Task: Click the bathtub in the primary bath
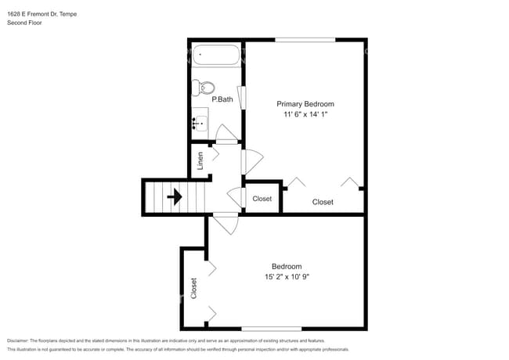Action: (x=217, y=56)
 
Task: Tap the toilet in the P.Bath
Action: (x=206, y=88)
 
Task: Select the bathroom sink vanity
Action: (x=200, y=121)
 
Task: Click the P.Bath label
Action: (x=222, y=99)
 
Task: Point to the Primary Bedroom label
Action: (x=305, y=104)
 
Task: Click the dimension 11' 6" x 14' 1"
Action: (x=305, y=115)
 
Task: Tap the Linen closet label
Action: (x=201, y=160)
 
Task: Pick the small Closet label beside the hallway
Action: (x=262, y=199)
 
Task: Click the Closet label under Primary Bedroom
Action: (x=323, y=202)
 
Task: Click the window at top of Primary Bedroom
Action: (x=305, y=40)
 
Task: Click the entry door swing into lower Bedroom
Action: (x=227, y=224)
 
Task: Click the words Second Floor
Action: (x=24, y=23)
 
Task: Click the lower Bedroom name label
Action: (x=287, y=266)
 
